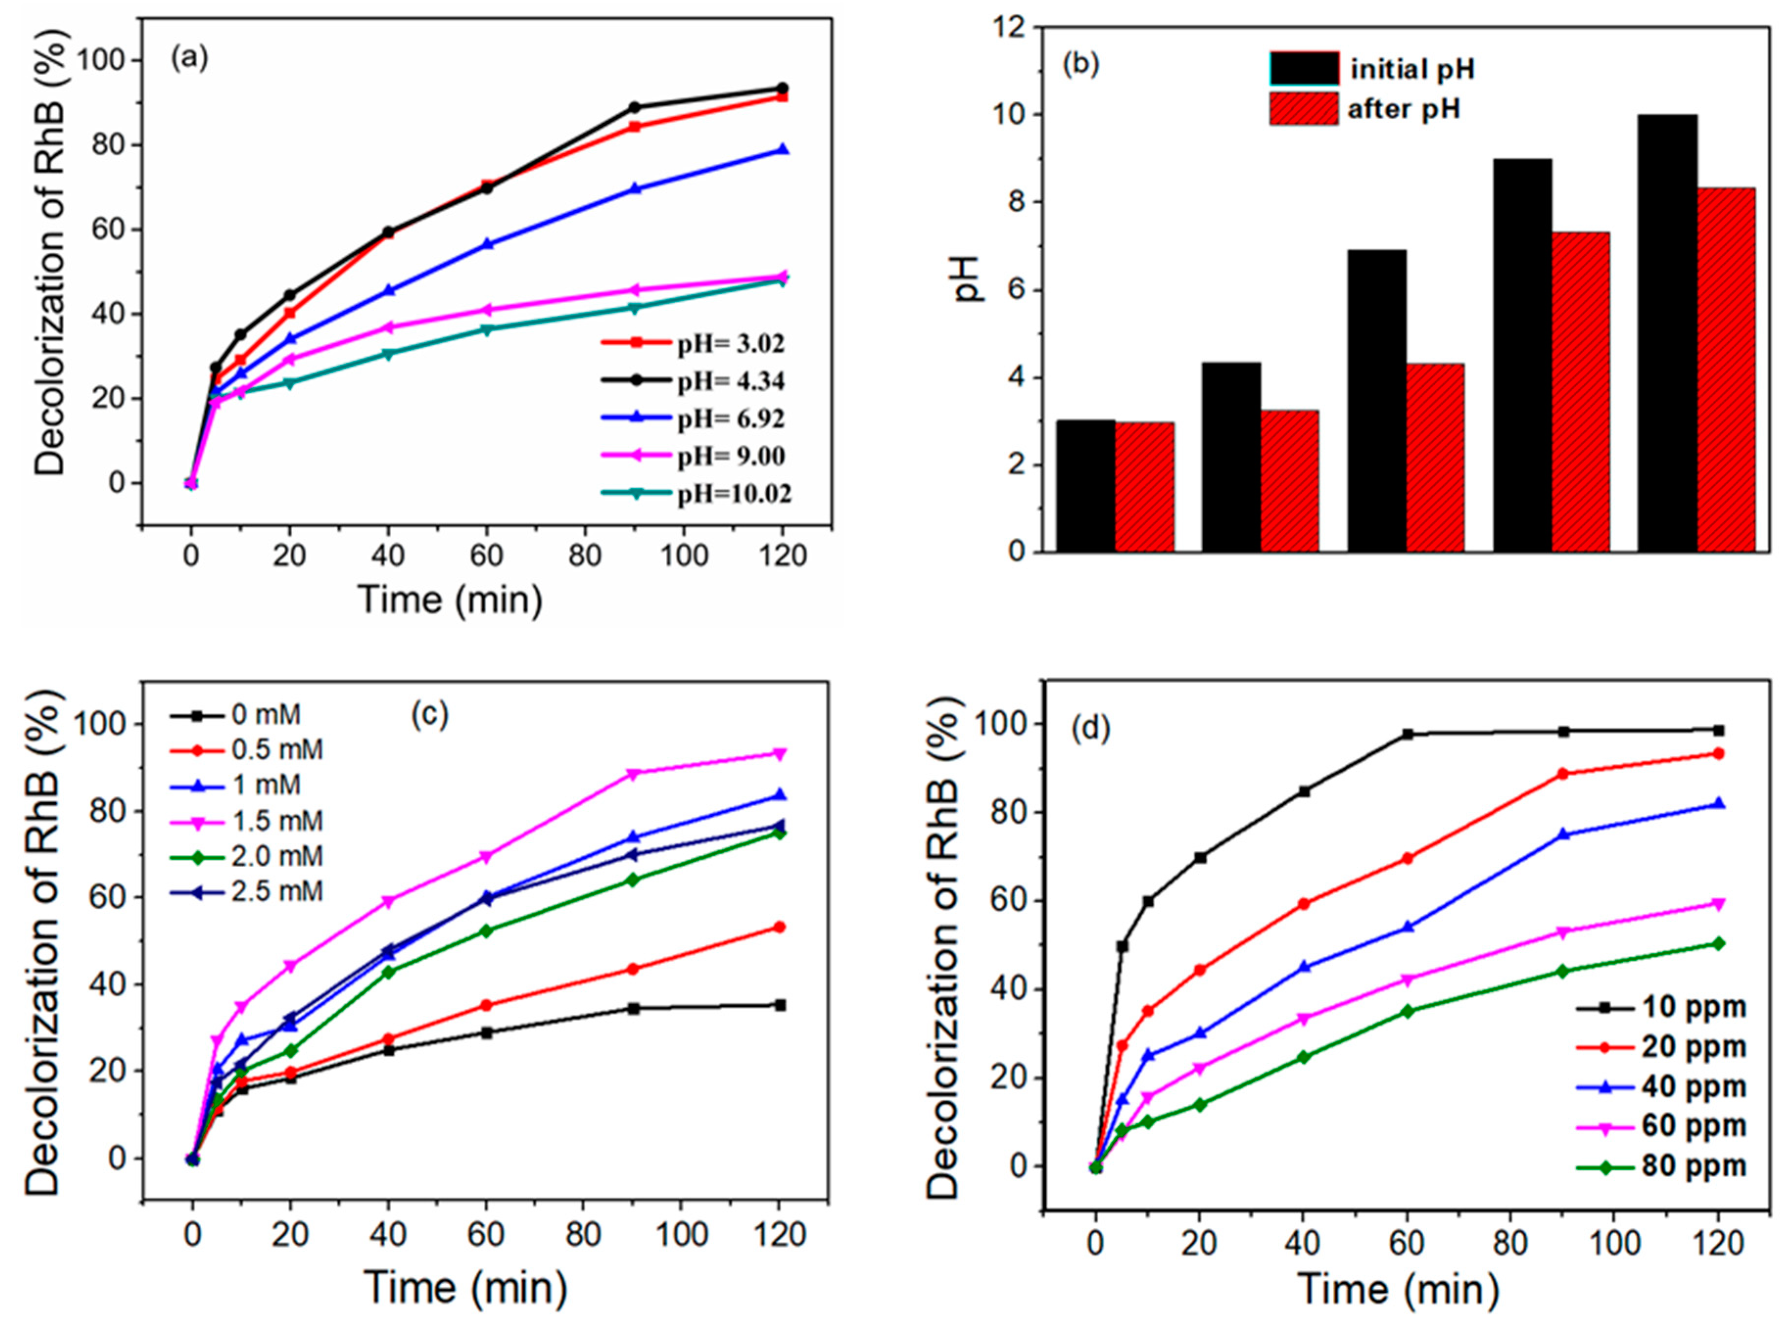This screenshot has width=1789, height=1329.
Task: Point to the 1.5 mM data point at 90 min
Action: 633,774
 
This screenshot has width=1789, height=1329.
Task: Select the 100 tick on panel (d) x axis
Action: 1614,1243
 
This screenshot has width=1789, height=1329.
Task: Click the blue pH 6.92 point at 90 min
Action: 635,189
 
